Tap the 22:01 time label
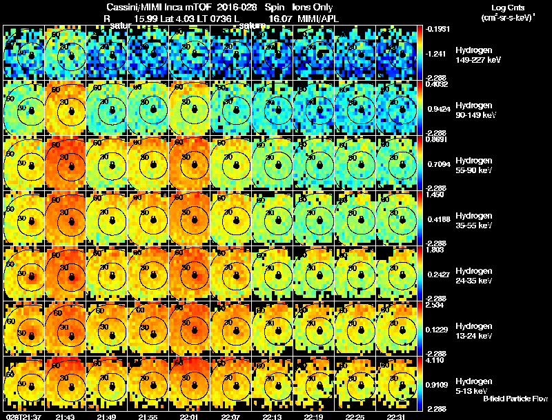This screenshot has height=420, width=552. (190, 417)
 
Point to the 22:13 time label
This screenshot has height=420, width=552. (273, 417)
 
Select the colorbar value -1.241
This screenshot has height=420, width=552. (437, 52)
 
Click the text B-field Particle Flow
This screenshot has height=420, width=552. (515, 399)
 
